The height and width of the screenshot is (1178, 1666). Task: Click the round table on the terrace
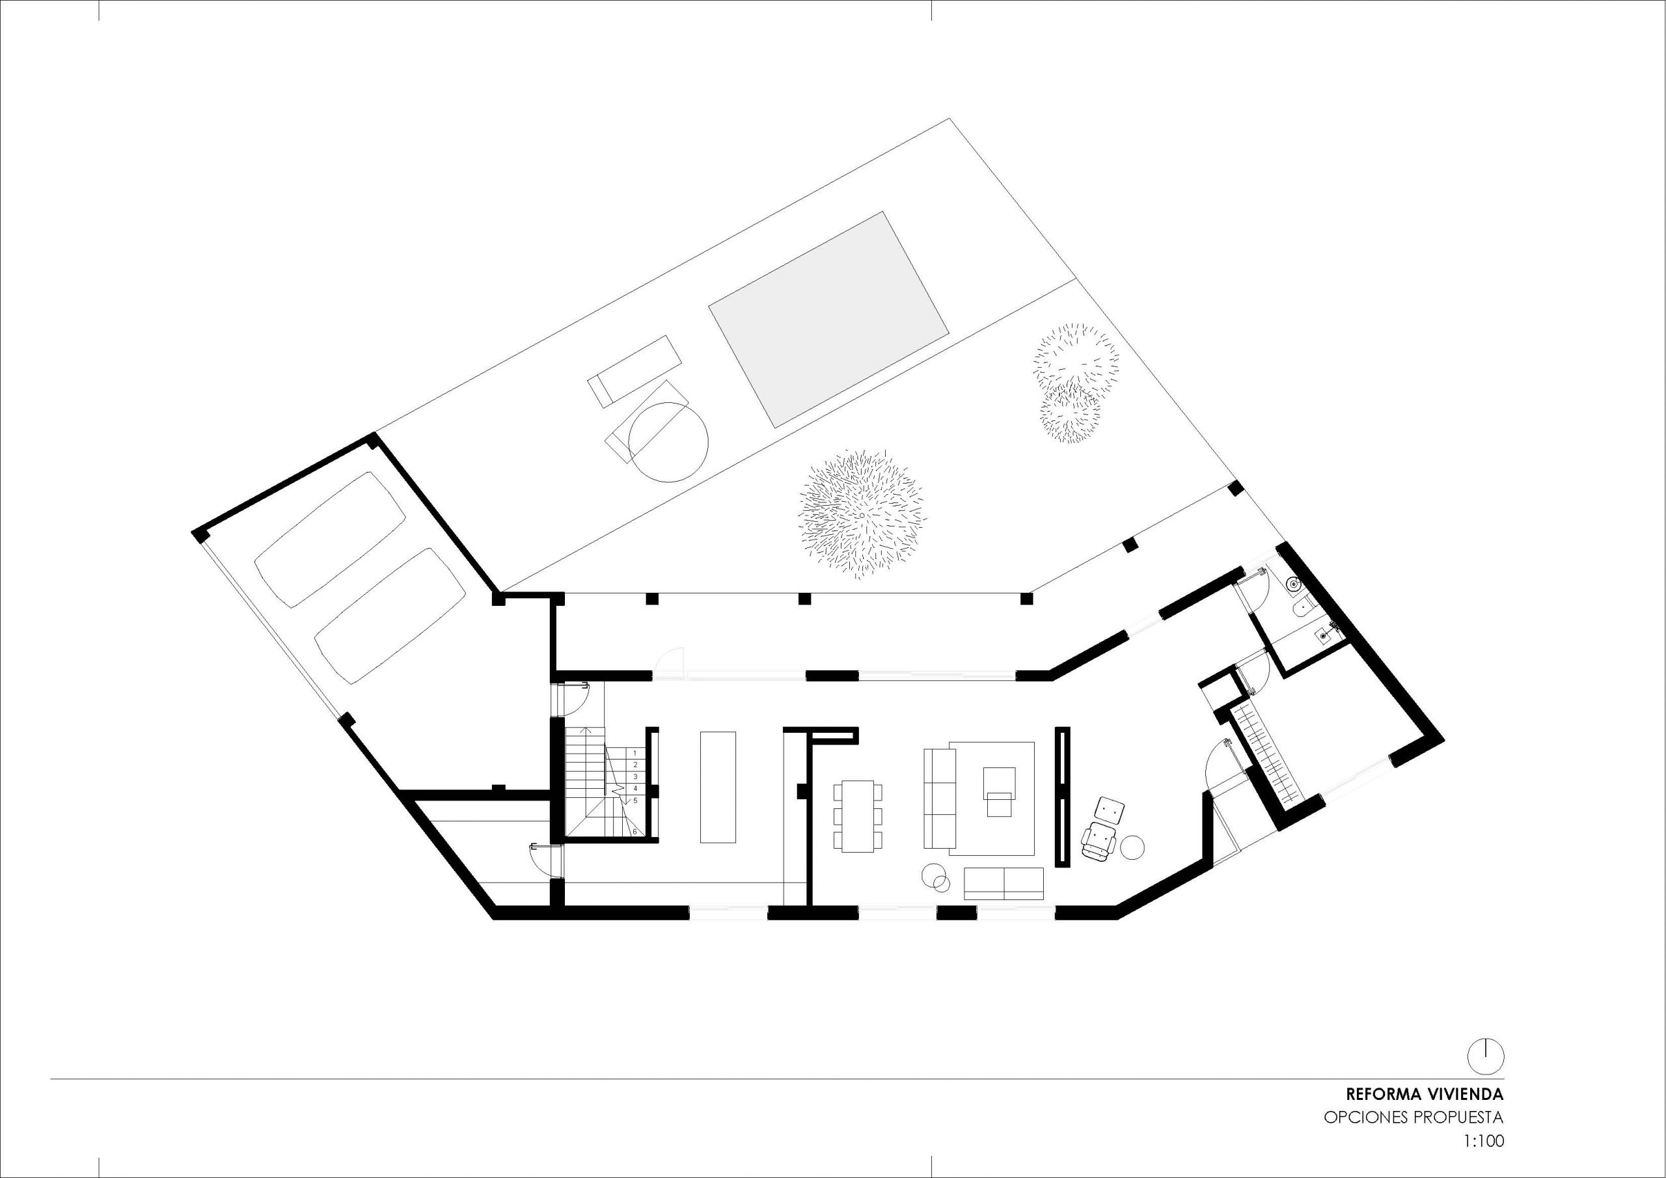click(668, 442)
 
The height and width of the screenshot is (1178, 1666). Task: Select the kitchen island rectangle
click(718, 787)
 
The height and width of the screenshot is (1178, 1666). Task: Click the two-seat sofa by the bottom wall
click(1004, 883)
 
